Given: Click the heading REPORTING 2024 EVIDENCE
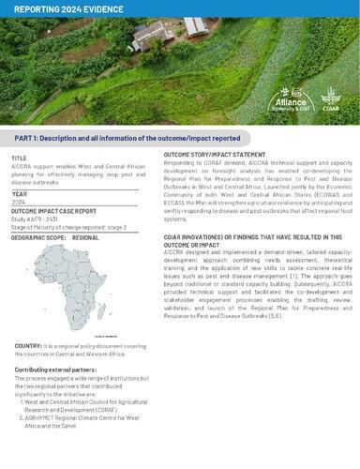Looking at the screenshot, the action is (61, 8).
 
